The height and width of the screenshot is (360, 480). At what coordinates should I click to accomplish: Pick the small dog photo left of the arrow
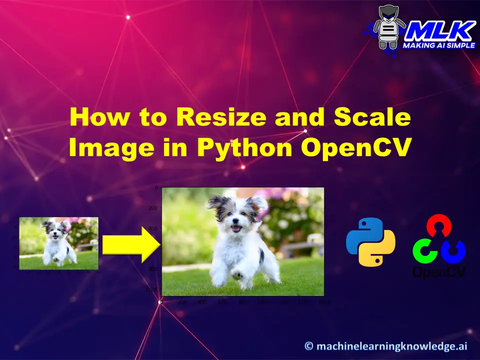click(58, 243)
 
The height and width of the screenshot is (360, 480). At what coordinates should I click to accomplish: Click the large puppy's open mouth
click(236, 229)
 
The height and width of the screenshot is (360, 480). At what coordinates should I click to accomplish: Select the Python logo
click(370, 241)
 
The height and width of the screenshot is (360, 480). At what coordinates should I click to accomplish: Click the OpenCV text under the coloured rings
click(439, 271)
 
